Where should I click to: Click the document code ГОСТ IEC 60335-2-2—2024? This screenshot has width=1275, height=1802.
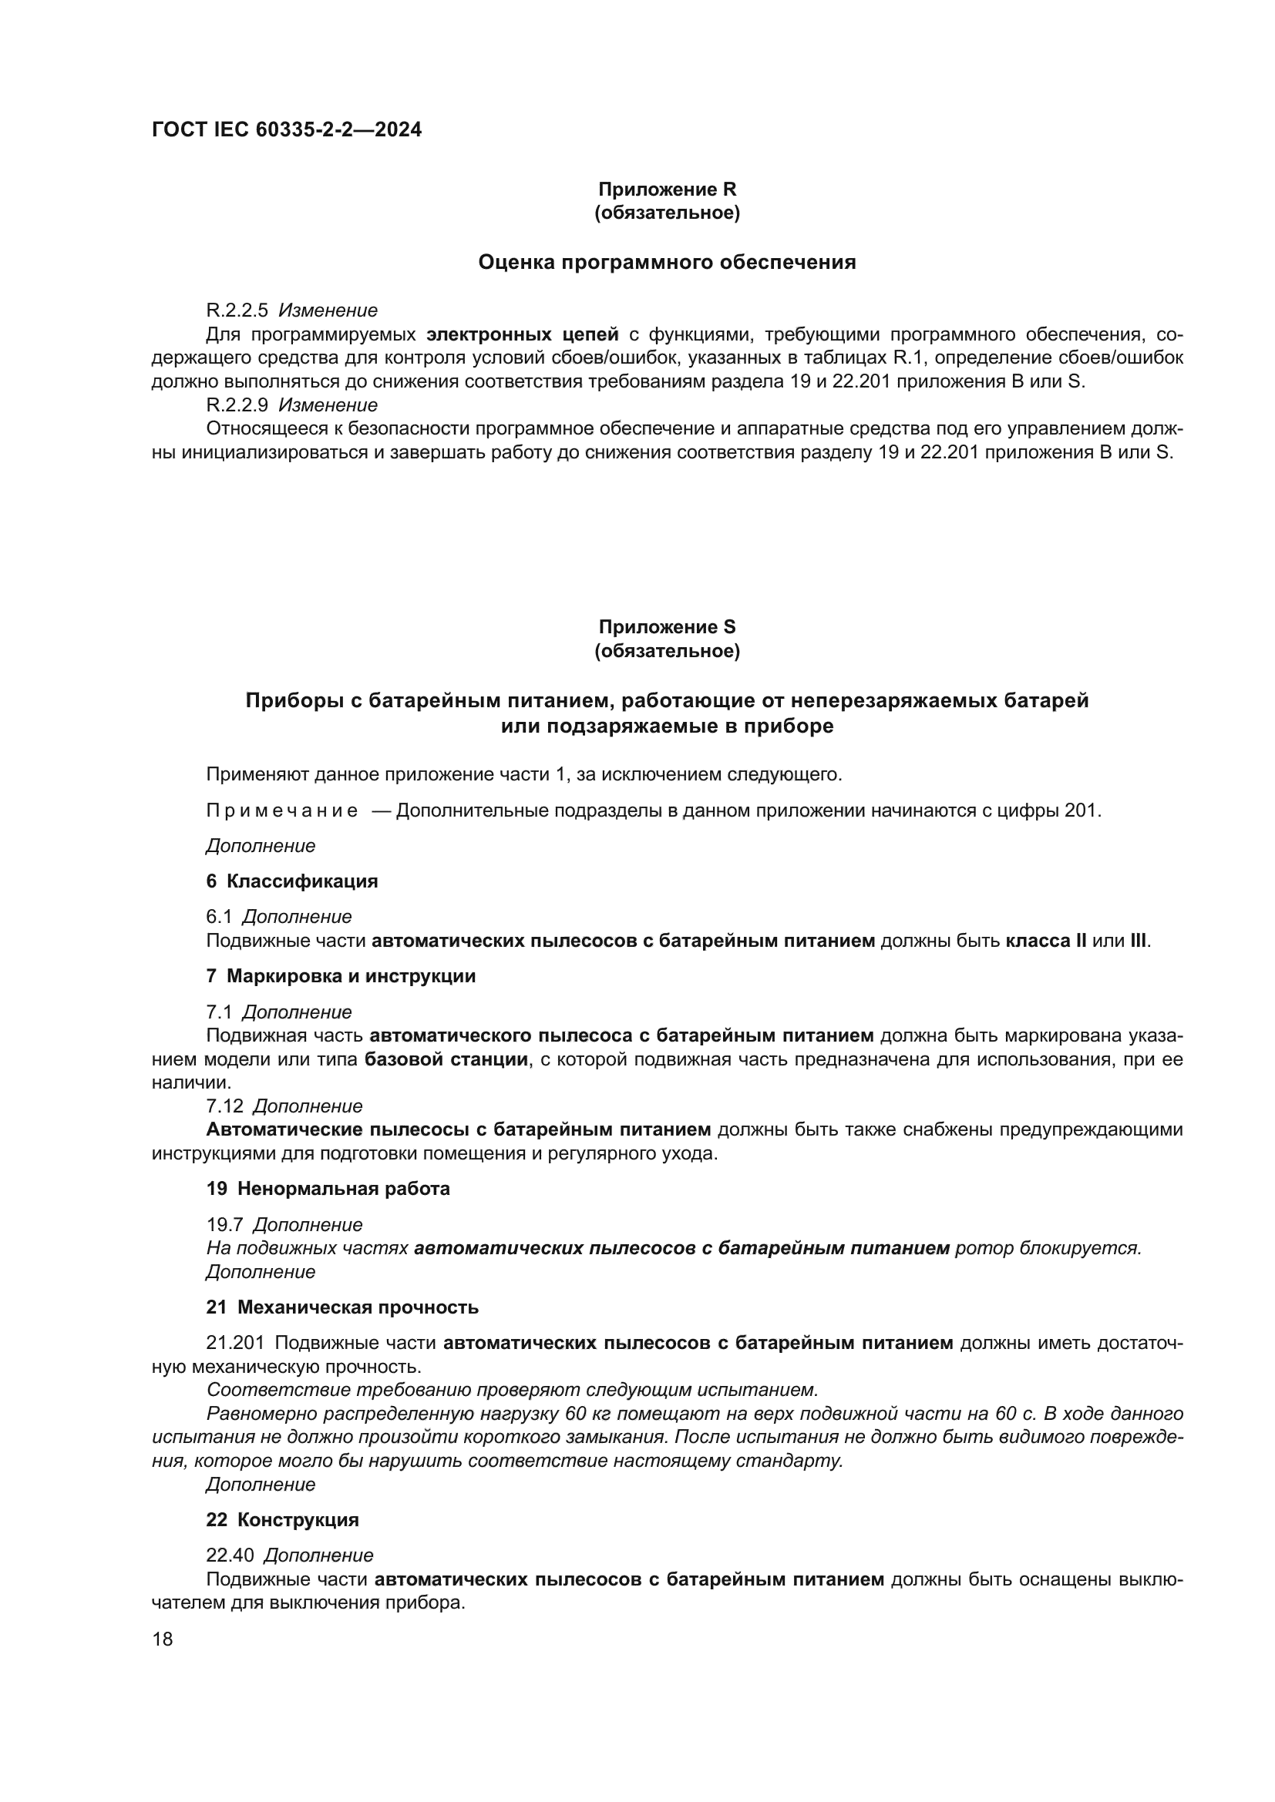tap(287, 129)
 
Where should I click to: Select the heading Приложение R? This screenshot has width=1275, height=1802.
tap(668, 190)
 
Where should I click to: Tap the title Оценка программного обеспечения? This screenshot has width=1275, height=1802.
tap(668, 262)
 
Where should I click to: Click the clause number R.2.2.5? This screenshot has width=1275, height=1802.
tap(237, 310)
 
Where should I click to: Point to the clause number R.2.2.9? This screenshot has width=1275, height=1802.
tap(237, 405)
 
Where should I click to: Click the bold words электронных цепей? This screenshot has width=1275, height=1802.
tap(522, 334)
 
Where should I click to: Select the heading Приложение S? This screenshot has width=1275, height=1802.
tap(668, 627)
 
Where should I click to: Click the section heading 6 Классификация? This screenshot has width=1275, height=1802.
tap(292, 881)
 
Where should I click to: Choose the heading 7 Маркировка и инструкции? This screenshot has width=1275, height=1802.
tap(341, 976)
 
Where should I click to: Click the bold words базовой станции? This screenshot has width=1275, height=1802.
tap(446, 1059)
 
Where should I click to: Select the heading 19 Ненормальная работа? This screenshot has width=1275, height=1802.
tap(328, 1189)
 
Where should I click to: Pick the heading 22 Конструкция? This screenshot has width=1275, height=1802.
tap(283, 1520)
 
